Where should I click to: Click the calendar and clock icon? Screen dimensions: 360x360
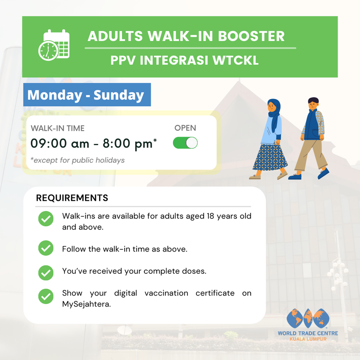pos(54,45)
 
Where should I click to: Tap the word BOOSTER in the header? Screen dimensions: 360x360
pos(251,36)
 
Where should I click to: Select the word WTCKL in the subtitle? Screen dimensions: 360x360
pos(236,60)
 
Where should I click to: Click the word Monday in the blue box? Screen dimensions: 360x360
pos(55,95)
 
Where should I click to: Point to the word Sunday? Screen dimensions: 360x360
pos(119,95)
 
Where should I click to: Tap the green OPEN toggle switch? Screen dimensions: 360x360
pos(185,143)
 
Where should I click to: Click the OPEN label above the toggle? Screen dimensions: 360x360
pos(185,128)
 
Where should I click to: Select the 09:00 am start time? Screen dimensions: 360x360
pos(60,143)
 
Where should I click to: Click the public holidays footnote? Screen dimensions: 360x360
pos(78,160)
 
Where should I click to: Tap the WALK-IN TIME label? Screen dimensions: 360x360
pos(58,129)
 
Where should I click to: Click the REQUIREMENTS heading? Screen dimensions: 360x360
pos(72,198)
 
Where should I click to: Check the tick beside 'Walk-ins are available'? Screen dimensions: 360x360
pos(46,219)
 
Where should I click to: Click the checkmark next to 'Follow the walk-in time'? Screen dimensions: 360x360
pos(46,248)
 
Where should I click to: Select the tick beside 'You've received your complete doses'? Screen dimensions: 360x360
pos(46,273)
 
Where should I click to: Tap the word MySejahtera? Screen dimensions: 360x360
pos(87,304)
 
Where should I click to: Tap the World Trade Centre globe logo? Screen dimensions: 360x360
pos(308,318)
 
